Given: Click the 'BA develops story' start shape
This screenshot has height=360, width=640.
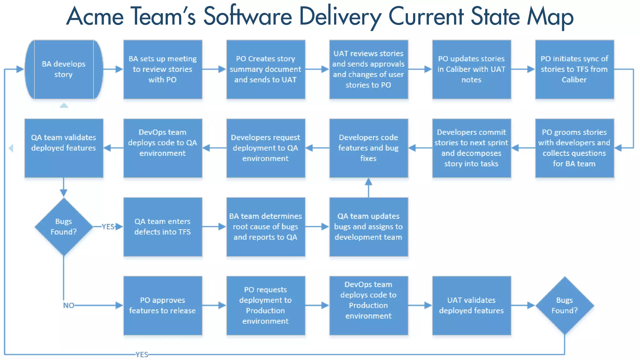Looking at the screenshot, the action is pyautogui.click(x=64, y=69).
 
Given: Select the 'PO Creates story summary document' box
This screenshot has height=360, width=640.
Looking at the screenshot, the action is pyautogui.click(x=266, y=69).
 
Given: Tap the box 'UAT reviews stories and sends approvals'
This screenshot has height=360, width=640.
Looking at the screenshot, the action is pyautogui.click(x=368, y=69).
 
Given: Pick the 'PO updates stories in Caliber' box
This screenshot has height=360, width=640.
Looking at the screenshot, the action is pyautogui.click(x=471, y=69).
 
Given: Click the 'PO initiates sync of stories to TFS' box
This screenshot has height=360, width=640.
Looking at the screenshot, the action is pyautogui.click(x=574, y=69).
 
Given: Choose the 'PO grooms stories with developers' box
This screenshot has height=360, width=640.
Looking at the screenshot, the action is pyautogui.click(x=574, y=148).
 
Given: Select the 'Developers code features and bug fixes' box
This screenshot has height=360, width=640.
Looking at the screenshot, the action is pyautogui.click(x=368, y=148).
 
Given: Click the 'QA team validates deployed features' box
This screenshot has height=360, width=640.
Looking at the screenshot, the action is pyautogui.click(x=64, y=148).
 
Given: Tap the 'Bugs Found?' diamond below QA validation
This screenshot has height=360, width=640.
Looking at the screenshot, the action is pyautogui.click(x=64, y=227).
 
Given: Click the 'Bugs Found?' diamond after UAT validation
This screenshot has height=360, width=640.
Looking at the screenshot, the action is pyautogui.click(x=565, y=305).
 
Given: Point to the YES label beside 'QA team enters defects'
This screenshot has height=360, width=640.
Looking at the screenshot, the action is pyautogui.click(x=108, y=227).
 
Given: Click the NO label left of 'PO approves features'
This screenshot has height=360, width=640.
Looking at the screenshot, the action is pyautogui.click(x=69, y=305).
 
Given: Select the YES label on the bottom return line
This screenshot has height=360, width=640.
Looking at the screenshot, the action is pyautogui.click(x=142, y=355).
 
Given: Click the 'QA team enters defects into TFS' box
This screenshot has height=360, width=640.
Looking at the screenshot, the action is pyautogui.click(x=162, y=227).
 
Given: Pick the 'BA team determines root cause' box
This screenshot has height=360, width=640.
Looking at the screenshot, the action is pyautogui.click(x=266, y=227).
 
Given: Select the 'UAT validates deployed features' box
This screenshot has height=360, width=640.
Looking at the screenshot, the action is pyautogui.click(x=471, y=305).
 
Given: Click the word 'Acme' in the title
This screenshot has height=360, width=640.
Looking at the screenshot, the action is pyautogui.click(x=95, y=16).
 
